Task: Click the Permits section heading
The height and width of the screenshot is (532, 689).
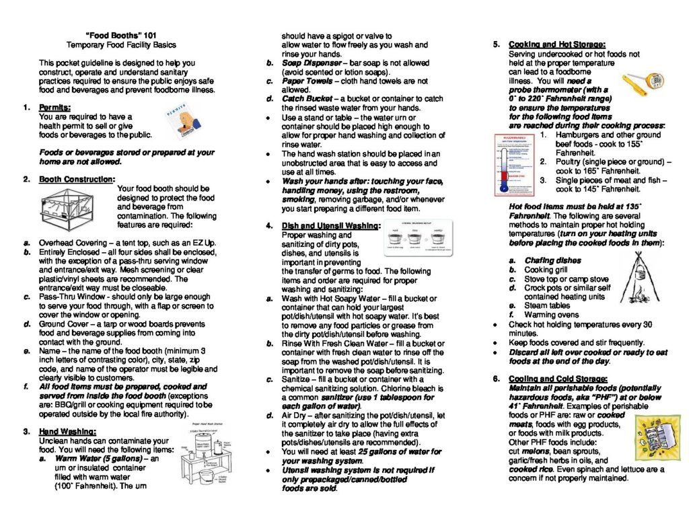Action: pyautogui.click(x=55, y=107)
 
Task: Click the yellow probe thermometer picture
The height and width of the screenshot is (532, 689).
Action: pyautogui.click(x=643, y=83)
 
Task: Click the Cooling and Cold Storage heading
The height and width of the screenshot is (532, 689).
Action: pyautogui.click(x=558, y=379)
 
